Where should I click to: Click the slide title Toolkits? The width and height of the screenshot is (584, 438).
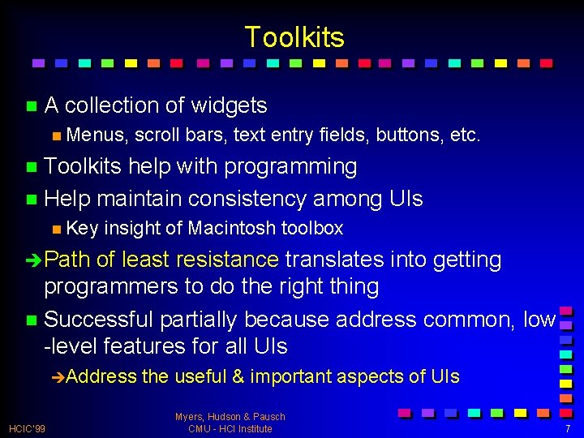[294, 37]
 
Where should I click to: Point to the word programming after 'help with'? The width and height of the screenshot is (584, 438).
[290, 167]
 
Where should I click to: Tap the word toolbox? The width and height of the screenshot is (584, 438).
[312, 229]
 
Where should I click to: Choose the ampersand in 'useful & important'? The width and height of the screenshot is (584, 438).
[238, 377]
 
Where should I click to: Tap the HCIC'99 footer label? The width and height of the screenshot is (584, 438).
[27, 428]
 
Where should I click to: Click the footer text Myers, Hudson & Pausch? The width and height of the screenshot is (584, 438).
[230, 417]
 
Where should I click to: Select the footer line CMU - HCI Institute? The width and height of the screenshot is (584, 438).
[230, 428]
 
